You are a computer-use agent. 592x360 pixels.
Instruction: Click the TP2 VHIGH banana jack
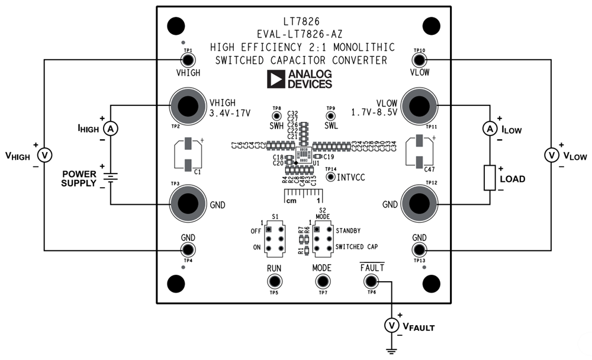pos(188,106)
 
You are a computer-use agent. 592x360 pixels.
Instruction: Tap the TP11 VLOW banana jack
pos(420,106)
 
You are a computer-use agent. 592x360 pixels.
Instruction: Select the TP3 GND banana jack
pos(188,204)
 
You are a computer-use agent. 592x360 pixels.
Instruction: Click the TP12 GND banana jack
pos(420,204)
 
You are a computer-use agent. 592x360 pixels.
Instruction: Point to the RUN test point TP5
pos(274,282)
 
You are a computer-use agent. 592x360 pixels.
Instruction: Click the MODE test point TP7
pos(322,282)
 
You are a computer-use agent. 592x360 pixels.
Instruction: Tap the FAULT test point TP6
pos(371,282)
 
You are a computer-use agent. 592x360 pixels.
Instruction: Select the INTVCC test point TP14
pos(331,176)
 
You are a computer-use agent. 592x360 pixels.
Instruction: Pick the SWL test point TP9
pos(330,116)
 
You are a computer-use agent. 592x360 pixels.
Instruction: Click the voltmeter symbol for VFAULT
pos(391,325)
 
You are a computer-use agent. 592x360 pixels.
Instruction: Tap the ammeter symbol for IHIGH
pos(109,128)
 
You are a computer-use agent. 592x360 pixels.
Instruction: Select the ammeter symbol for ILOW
pos(489,128)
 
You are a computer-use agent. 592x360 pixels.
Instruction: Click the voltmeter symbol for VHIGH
pos(44,155)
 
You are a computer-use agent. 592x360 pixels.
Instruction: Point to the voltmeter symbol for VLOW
pos(551,155)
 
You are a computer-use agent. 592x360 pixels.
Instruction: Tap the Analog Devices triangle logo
pos(275,79)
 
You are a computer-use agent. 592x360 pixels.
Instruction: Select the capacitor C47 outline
pos(420,152)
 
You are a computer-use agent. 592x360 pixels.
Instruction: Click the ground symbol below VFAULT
pos(391,350)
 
